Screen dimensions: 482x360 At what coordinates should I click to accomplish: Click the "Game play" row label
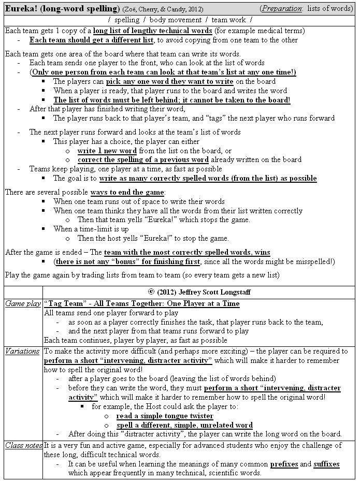(23, 304)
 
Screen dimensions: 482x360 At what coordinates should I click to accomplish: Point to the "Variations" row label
(22, 351)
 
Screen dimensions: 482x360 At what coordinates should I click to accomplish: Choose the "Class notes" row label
(23, 445)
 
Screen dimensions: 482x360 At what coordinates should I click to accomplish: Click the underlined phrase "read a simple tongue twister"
(165, 416)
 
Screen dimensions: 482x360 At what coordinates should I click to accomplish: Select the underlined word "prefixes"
(284, 464)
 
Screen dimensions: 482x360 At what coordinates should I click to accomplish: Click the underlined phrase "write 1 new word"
(107, 151)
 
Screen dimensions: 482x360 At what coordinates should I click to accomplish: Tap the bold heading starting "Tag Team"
(142, 303)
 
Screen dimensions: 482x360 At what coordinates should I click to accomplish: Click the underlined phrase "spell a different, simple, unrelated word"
(184, 425)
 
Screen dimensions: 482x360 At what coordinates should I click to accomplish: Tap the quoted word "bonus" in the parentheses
(124, 261)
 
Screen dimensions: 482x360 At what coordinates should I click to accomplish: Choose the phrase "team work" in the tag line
(228, 20)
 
